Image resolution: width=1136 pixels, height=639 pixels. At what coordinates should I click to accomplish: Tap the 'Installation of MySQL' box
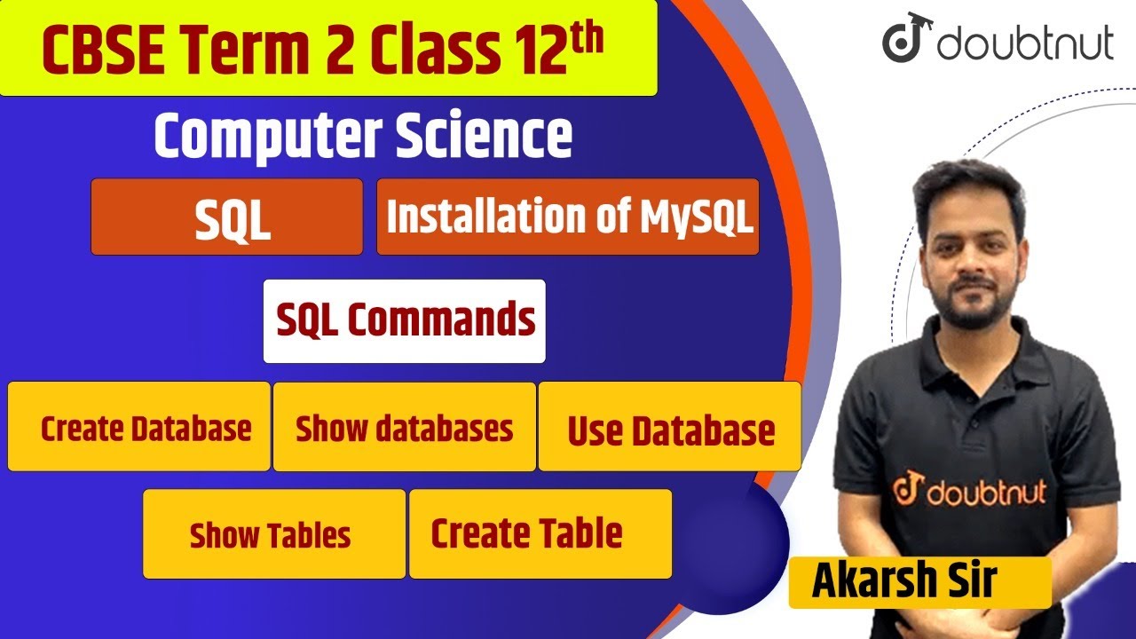pos(568,217)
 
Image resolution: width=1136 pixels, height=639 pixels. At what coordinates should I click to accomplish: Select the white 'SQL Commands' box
pos(405,321)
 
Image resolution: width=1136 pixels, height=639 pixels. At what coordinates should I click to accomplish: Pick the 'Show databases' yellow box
pos(405,427)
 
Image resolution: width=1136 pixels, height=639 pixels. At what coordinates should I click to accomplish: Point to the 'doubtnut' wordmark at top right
pos(1025,43)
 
